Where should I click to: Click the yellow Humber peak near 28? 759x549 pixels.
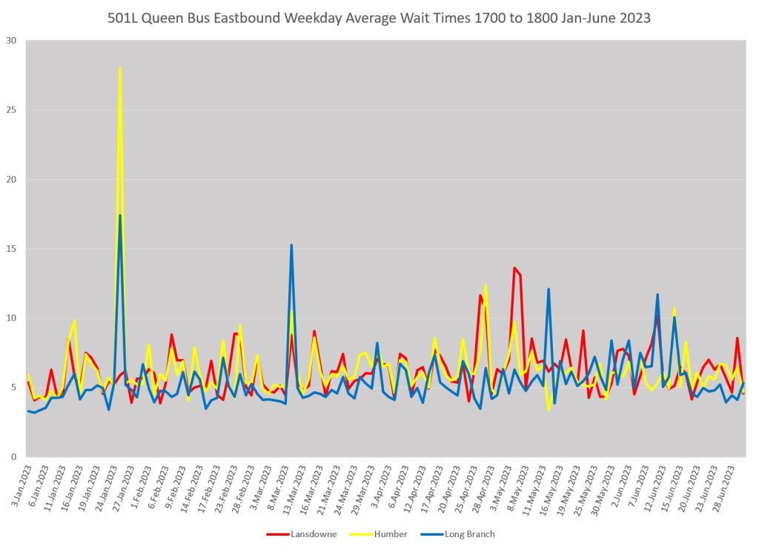click(x=120, y=68)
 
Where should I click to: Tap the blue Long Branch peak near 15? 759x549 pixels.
click(x=291, y=245)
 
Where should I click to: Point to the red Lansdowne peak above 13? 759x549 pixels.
click(x=514, y=268)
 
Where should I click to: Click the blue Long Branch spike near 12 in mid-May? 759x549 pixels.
click(x=548, y=289)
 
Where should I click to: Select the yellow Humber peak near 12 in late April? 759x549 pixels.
click(x=485, y=285)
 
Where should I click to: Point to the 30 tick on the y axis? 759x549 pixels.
click(x=11, y=41)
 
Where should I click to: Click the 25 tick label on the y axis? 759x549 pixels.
click(x=11, y=110)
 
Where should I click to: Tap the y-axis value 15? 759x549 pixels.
click(x=11, y=249)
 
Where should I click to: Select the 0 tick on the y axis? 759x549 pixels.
click(x=14, y=457)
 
